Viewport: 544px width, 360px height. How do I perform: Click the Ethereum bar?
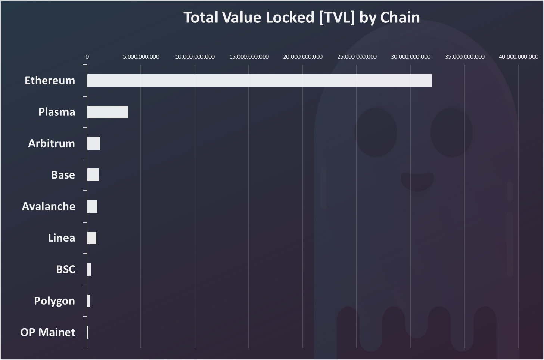point(259,81)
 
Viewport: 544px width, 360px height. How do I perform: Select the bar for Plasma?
point(108,112)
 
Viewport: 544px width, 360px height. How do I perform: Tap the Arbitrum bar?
point(93,143)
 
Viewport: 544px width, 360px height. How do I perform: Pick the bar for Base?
point(93,175)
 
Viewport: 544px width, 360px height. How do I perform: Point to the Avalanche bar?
point(92,207)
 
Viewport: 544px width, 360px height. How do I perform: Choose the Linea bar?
point(91,238)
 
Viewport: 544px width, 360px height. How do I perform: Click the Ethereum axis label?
point(50,81)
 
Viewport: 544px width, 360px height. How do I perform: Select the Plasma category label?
point(57,112)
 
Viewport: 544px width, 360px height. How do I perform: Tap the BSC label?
point(65,269)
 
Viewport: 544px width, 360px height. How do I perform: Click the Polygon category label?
point(55,301)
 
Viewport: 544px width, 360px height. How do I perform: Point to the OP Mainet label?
point(48,332)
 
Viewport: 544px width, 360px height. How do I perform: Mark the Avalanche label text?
point(49,207)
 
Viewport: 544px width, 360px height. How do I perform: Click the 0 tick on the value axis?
point(87,57)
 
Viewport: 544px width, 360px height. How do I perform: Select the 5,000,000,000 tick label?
point(141,57)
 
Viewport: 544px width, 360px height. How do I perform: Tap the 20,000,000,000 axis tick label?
point(303,57)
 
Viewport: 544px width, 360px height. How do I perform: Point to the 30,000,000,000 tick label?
point(411,57)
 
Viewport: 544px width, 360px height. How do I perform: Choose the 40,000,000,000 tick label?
point(519,57)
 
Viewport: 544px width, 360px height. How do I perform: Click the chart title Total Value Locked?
point(302,18)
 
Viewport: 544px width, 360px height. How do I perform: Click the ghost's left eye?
point(376,133)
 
